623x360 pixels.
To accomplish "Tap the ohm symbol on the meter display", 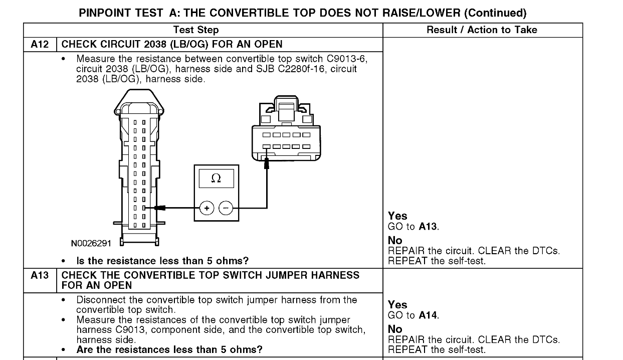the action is (216, 178).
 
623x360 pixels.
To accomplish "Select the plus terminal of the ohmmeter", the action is (206, 208).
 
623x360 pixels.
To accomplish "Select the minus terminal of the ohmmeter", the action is (226, 208).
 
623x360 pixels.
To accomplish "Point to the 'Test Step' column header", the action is (195, 30).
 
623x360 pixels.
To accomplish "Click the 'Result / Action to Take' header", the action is (482, 30).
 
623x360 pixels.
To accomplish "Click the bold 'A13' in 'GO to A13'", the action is (428, 227).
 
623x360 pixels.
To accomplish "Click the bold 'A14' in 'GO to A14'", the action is (428, 315).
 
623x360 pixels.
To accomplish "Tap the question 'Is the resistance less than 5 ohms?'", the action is (162, 261).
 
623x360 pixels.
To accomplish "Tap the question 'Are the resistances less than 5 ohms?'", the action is (169, 349).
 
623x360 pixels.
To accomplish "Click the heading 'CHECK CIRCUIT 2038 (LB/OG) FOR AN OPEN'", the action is (171, 44).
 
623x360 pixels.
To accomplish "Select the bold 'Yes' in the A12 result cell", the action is (397, 216).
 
